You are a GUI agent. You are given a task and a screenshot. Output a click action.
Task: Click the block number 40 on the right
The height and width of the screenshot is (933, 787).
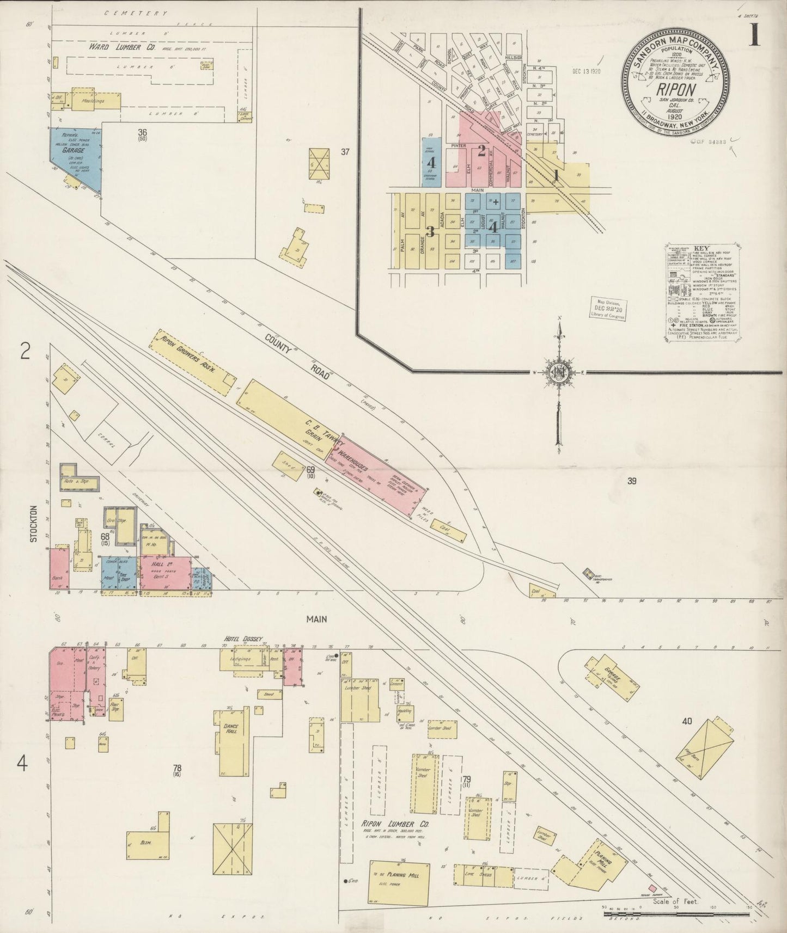686,721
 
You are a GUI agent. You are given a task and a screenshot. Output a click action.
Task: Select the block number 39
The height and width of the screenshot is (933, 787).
631,481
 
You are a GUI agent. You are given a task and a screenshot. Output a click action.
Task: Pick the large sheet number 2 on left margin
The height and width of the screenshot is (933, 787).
24,352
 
